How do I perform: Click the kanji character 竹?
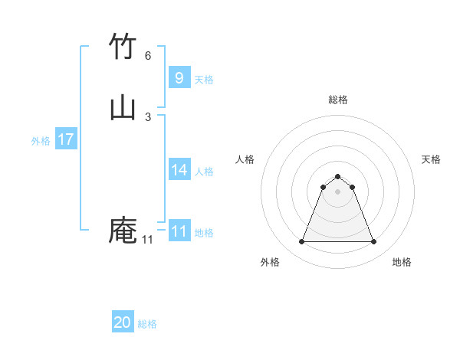point(123,47)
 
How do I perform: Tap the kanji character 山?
point(123,107)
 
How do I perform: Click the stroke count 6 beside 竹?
point(148,56)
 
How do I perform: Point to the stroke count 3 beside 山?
point(148,116)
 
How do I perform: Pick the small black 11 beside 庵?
point(148,240)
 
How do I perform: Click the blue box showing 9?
point(179,77)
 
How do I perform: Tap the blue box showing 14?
point(179,170)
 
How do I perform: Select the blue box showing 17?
point(66,139)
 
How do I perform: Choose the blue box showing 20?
point(123,322)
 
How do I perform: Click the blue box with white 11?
point(179,231)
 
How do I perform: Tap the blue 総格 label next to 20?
point(147,324)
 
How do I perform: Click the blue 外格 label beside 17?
point(41,141)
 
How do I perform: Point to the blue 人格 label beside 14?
point(205,172)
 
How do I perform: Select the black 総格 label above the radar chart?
point(338,100)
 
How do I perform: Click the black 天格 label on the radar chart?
point(432,159)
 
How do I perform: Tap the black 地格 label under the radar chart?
point(402,262)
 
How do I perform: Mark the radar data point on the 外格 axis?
point(301,242)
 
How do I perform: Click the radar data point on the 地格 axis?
point(374,242)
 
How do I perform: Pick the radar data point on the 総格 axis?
point(338,175)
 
